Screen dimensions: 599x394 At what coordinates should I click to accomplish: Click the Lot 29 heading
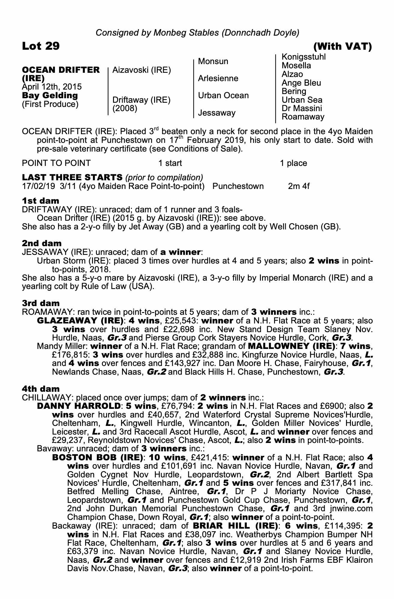(x=41, y=46)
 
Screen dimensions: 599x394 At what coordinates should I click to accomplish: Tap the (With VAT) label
(x=342, y=46)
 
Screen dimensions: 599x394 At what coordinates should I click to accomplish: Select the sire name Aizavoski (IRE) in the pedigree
(x=142, y=70)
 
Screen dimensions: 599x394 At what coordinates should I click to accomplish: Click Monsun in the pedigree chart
(x=213, y=61)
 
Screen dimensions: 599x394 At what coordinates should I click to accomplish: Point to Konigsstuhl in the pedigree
(x=304, y=57)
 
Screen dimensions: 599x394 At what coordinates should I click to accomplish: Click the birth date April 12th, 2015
(x=52, y=87)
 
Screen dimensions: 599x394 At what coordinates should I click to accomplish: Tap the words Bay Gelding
(x=50, y=96)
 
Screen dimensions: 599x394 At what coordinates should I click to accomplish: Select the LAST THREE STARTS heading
(x=72, y=177)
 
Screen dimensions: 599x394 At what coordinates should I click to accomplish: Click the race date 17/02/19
(x=38, y=186)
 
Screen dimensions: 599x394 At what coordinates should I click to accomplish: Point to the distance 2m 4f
(x=299, y=186)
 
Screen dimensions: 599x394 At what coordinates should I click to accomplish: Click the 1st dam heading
(x=40, y=200)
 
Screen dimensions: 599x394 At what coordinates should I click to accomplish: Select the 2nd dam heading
(x=42, y=243)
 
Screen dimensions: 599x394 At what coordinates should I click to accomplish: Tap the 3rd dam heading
(x=41, y=303)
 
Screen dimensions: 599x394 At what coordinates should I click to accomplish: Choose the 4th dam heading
(x=41, y=389)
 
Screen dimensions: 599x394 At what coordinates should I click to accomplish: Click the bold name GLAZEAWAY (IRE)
(x=80, y=321)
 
